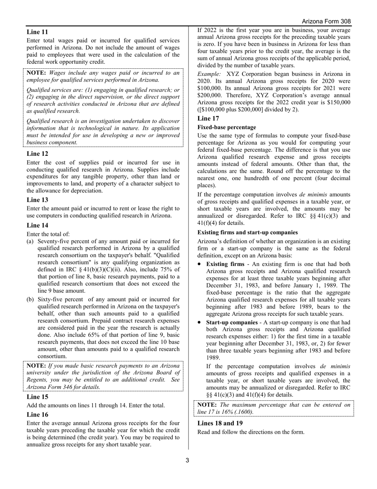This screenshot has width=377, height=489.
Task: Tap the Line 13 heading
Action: point(37,200)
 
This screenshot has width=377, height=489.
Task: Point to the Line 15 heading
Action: point(37,397)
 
